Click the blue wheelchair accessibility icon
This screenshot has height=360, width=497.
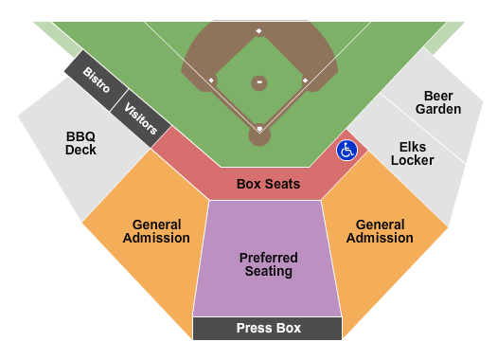coord(347,150)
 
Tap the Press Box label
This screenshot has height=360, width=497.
coord(268,329)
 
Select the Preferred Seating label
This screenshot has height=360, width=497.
coord(268,264)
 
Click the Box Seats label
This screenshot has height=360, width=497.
coord(268,184)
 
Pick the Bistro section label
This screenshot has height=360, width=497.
coord(96,79)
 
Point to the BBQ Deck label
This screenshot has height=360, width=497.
coord(80,142)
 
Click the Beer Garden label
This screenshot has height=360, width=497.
coord(437,102)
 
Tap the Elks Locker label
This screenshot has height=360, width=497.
coord(417,153)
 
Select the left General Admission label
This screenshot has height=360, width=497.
coord(156,231)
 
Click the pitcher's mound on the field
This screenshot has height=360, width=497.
coord(258,83)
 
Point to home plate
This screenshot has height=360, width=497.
coord(258,128)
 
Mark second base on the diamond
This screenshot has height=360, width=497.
coord(258,31)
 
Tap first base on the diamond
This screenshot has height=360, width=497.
coord(305,81)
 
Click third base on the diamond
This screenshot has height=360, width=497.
coord(211,81)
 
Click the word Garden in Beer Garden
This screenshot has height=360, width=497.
coord(437,109)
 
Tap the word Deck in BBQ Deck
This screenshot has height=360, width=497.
coord(80,150)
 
